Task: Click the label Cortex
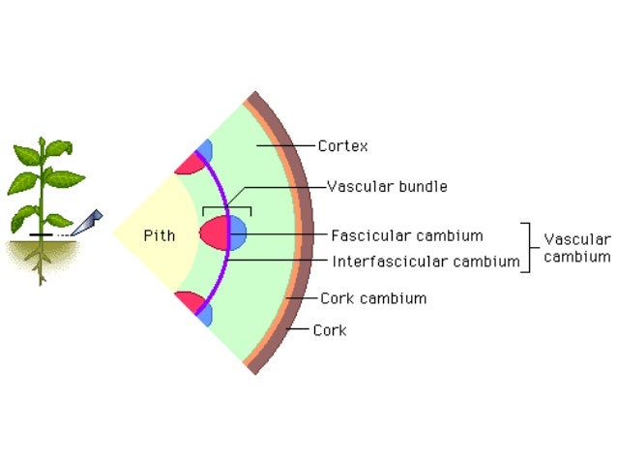pyautogui.click(x=342, y=146)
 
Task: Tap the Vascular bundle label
pyautogui.click(x=387, y=186)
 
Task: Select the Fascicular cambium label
pyautogui.click(x=406, y=234)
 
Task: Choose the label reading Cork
pyautogui.click(x=329, y=330)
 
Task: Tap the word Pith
pyautogui.click(x=159, y=235)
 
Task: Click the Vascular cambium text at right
pyautogui.click(x=576, y=248)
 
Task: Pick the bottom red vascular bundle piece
pyautogui.click(x=189, y=302)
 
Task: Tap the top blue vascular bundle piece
pyautogui.click(x=204, y=149)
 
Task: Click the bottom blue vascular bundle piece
pyautogui.click(x=204, y=316)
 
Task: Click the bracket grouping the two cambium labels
pyautogui.click(x=528, y=248)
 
